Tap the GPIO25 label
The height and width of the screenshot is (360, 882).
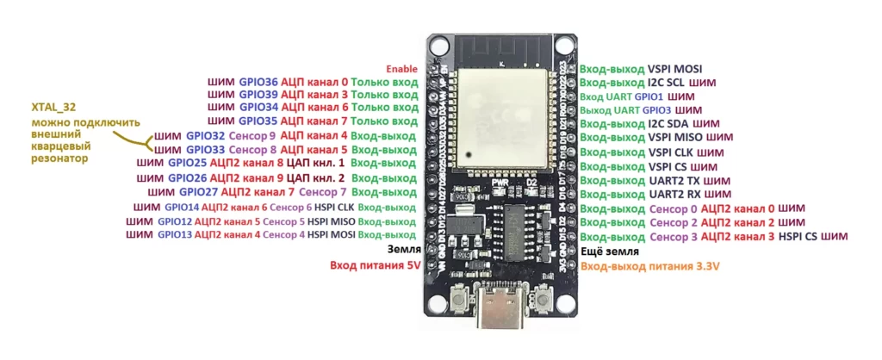(x=189, y=162)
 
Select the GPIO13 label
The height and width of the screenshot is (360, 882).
(x=175, y=234)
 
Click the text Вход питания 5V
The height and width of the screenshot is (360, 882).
(x=375, y=266)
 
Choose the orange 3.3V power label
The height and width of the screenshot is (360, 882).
(x=650, y=267)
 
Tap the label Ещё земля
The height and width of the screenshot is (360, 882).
(x=610, y=251)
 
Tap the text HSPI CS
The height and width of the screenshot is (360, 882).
(x=798, y=236)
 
